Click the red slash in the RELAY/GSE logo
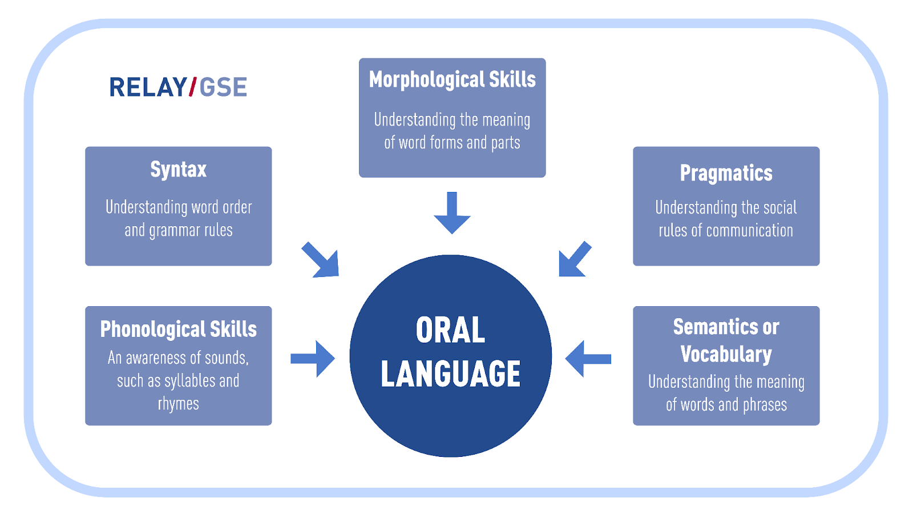tap(192, 86)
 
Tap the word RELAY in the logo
tap(148, 87)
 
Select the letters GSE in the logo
tap(223, 87)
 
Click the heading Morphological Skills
tap(452, 79)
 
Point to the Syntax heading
tap(179, 169)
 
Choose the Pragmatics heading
tap(726, 173)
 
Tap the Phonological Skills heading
tap(179, 329)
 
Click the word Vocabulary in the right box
tap(726, 354)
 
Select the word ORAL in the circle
tap(450, 330)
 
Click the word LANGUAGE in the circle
tap(450, 374)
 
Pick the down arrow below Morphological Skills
tap(452, 212)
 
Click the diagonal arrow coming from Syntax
tap(321, 260)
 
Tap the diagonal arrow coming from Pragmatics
tap(575, 259)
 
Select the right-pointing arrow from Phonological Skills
tap(313, 359)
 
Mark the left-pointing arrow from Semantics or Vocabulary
tap(588, 359)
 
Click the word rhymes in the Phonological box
tap(179, 404)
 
